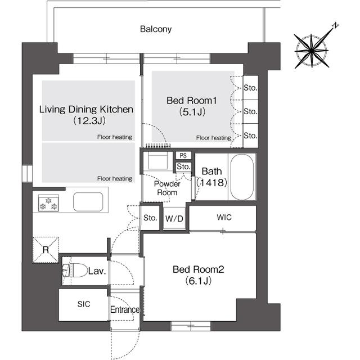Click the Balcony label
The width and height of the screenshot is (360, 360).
156,29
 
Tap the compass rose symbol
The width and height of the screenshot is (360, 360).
311,51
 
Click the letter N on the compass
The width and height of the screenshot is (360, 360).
335,25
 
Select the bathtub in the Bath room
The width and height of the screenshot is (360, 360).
242,177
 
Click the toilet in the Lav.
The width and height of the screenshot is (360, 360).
75,270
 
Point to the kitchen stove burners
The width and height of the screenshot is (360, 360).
48,203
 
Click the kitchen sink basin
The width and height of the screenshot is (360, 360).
88,202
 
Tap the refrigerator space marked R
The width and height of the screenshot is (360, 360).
46,250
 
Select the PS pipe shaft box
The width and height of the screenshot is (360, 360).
183,156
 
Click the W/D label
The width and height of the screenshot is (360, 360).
174,219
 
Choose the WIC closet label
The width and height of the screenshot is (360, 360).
224,217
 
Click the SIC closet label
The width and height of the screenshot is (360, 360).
84,304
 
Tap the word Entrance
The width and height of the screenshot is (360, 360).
125,309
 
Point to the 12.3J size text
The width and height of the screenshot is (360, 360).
89,120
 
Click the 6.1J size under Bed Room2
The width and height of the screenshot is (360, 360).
199,281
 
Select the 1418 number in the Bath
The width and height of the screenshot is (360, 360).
211,182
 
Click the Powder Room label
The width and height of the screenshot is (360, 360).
167,188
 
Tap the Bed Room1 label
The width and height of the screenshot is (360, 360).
192,101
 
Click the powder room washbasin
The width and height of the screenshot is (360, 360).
157,161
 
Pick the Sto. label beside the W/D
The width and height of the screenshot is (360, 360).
150,218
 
